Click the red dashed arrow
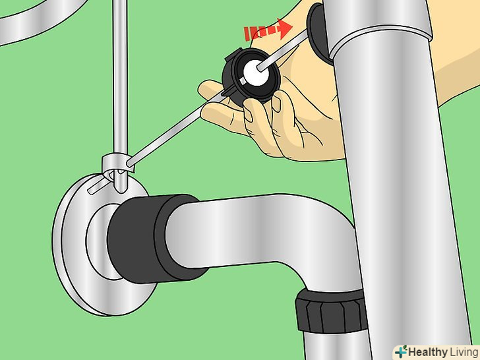pos(268,30)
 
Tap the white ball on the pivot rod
pos(256,73)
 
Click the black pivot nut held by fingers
pos(251,76)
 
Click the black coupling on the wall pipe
pos(153,238)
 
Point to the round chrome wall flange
pos(101,245)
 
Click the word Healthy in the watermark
pos(428,351)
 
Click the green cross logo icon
pos(401,351)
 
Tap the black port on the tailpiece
pos(318,34)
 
